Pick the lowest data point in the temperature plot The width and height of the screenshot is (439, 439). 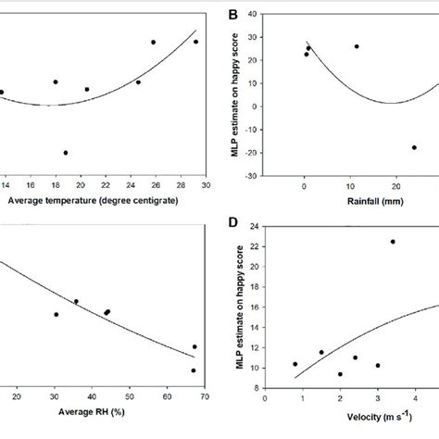pyautogui.click(x=66, y=153)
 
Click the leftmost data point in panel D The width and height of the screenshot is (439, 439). pyautogui.click(x=295, y=364)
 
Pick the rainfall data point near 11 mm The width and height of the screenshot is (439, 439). pyautogui.click(x=357, y=46)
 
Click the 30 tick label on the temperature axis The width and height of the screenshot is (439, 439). pyautogui.click(x=206, y=185)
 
